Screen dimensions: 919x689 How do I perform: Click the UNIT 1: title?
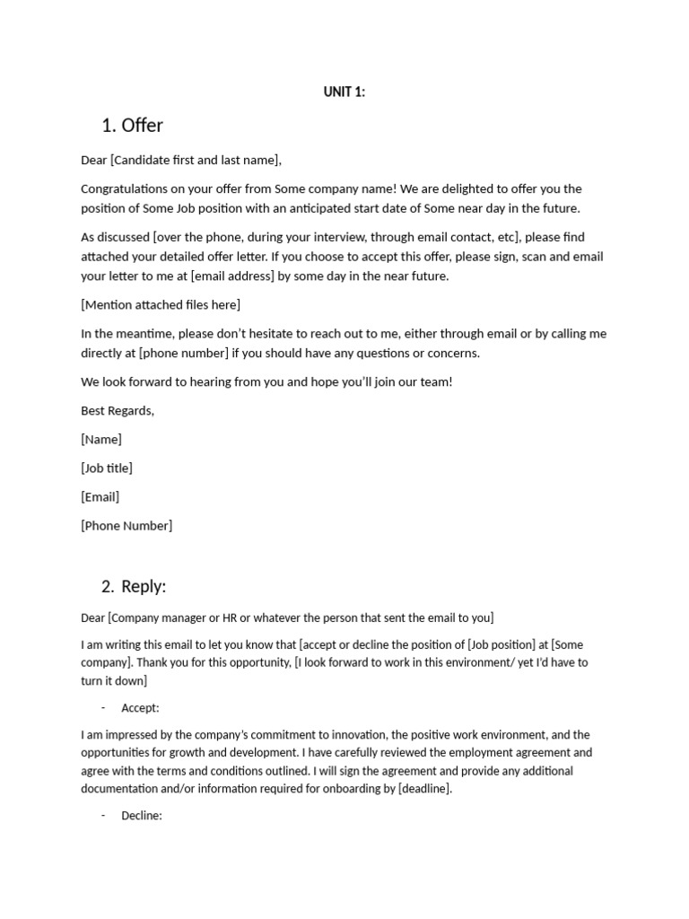tap(344, 92)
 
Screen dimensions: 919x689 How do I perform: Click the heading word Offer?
tap(143, 125)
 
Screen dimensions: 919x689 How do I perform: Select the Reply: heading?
tap(144, 586)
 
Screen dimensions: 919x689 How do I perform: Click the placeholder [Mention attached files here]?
tap(161, 304)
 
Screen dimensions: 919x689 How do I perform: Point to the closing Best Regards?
tap(118, 410)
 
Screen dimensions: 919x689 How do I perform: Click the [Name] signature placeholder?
tap(101, 439)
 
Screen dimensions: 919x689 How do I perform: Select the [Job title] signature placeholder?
tap(107, 468)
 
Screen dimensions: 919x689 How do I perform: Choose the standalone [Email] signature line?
tap(100, 496)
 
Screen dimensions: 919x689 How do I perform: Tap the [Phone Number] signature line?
tap(126, 525)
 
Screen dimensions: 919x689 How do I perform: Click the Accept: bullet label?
tap(140, 707)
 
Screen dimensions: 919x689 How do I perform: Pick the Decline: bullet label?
tap(142, 815)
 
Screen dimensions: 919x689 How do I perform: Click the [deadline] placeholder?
tap(422, 788)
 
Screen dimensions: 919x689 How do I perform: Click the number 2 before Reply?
tap(107, 586)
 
